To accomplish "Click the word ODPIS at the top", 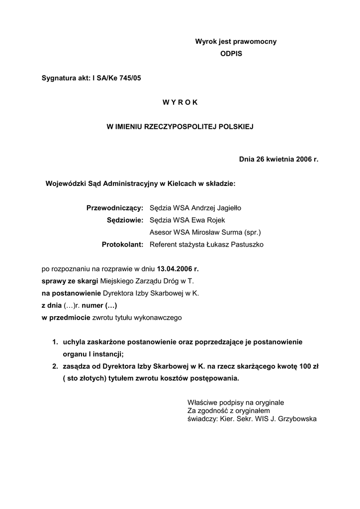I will point(231,53).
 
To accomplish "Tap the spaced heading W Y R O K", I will point(180,102).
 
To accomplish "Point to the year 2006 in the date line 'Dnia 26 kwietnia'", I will point(302,160).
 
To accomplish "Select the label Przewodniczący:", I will point(115,208).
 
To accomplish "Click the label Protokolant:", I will point(122,245).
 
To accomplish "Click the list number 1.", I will point(55,342).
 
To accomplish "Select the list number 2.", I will point(55,366).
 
